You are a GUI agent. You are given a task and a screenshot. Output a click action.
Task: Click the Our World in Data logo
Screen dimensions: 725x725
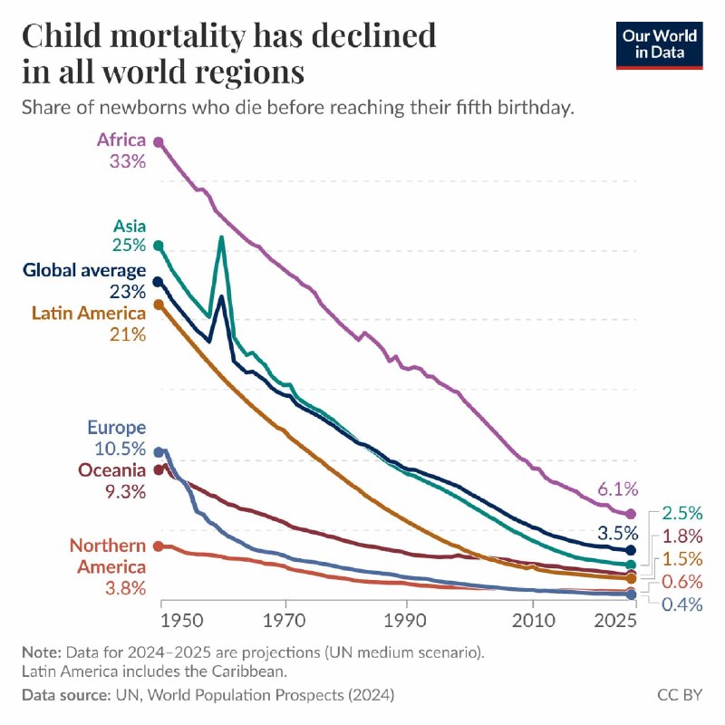point(660,45)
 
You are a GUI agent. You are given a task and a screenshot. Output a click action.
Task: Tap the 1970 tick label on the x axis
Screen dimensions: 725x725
point(285,621)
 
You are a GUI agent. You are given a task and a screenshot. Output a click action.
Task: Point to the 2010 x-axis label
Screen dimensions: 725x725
point(533,621)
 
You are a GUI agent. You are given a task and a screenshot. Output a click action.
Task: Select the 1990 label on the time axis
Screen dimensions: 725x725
point(405,621)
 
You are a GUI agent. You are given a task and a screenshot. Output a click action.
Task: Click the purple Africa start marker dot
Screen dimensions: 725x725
point(159,142)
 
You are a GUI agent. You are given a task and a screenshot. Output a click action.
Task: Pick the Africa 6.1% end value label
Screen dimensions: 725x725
point(618,488)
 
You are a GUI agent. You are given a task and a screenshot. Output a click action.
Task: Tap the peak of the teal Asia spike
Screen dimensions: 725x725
point(221,238)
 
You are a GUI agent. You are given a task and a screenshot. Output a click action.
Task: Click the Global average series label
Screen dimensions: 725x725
point(84,270)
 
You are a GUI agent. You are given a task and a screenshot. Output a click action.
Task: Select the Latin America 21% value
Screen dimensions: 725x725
point(128,334)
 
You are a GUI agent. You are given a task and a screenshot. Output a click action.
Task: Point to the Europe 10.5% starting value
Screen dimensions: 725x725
point(121,449)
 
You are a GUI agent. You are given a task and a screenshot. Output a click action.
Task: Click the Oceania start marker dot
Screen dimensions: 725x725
point(159,469)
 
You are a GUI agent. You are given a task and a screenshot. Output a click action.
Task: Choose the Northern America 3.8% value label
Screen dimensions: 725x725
point(125,588)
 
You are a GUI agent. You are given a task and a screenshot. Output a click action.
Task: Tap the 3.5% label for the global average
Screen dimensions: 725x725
point(618,533)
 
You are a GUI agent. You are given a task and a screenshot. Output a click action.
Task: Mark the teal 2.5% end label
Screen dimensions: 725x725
point(682,513)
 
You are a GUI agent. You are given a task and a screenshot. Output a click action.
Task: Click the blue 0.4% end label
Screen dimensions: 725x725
point(682,604)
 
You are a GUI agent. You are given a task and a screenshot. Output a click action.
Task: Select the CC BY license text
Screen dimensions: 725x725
point(680,694)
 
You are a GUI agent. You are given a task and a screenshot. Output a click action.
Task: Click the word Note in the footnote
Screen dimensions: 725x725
point(42,652)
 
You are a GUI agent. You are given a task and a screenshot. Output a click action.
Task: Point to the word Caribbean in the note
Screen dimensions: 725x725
point(250,671)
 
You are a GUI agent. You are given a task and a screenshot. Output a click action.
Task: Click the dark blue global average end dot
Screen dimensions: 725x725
point(631,550)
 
